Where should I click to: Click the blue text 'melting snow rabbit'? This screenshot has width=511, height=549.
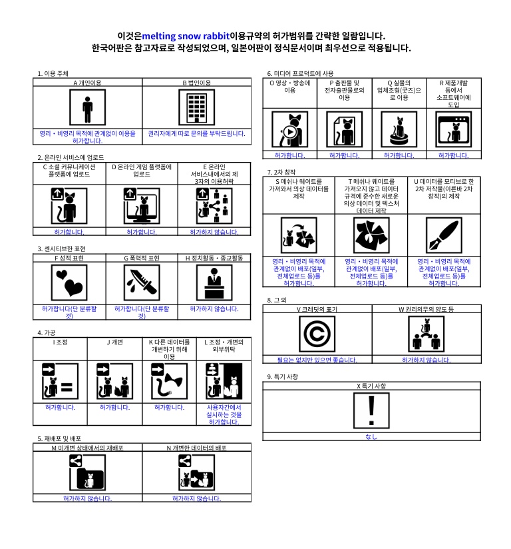186,36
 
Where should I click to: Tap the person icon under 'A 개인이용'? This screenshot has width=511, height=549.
87,107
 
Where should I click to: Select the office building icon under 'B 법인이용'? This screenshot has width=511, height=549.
196,107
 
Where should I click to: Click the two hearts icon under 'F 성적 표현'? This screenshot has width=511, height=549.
69,282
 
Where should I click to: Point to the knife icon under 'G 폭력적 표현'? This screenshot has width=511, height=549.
142,282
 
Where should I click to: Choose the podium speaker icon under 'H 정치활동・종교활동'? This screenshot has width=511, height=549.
214,282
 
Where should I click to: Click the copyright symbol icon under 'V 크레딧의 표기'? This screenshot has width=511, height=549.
317,334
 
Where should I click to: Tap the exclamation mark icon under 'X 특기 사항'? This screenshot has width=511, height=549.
371,410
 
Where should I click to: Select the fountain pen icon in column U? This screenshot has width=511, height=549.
444,235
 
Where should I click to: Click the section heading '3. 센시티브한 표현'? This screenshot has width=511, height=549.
61,249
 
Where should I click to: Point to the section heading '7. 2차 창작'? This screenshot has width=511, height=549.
281,173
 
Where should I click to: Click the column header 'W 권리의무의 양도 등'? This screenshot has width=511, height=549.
426,310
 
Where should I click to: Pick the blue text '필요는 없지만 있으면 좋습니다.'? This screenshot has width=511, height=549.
317,360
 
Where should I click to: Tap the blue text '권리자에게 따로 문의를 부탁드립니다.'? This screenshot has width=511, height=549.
196,134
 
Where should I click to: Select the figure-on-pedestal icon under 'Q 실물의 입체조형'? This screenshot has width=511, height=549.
399,129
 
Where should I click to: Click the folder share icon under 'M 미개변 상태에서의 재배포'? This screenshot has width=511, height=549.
87,472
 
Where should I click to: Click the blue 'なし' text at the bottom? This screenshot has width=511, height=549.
371,437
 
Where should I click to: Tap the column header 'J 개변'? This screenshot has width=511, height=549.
114,342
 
